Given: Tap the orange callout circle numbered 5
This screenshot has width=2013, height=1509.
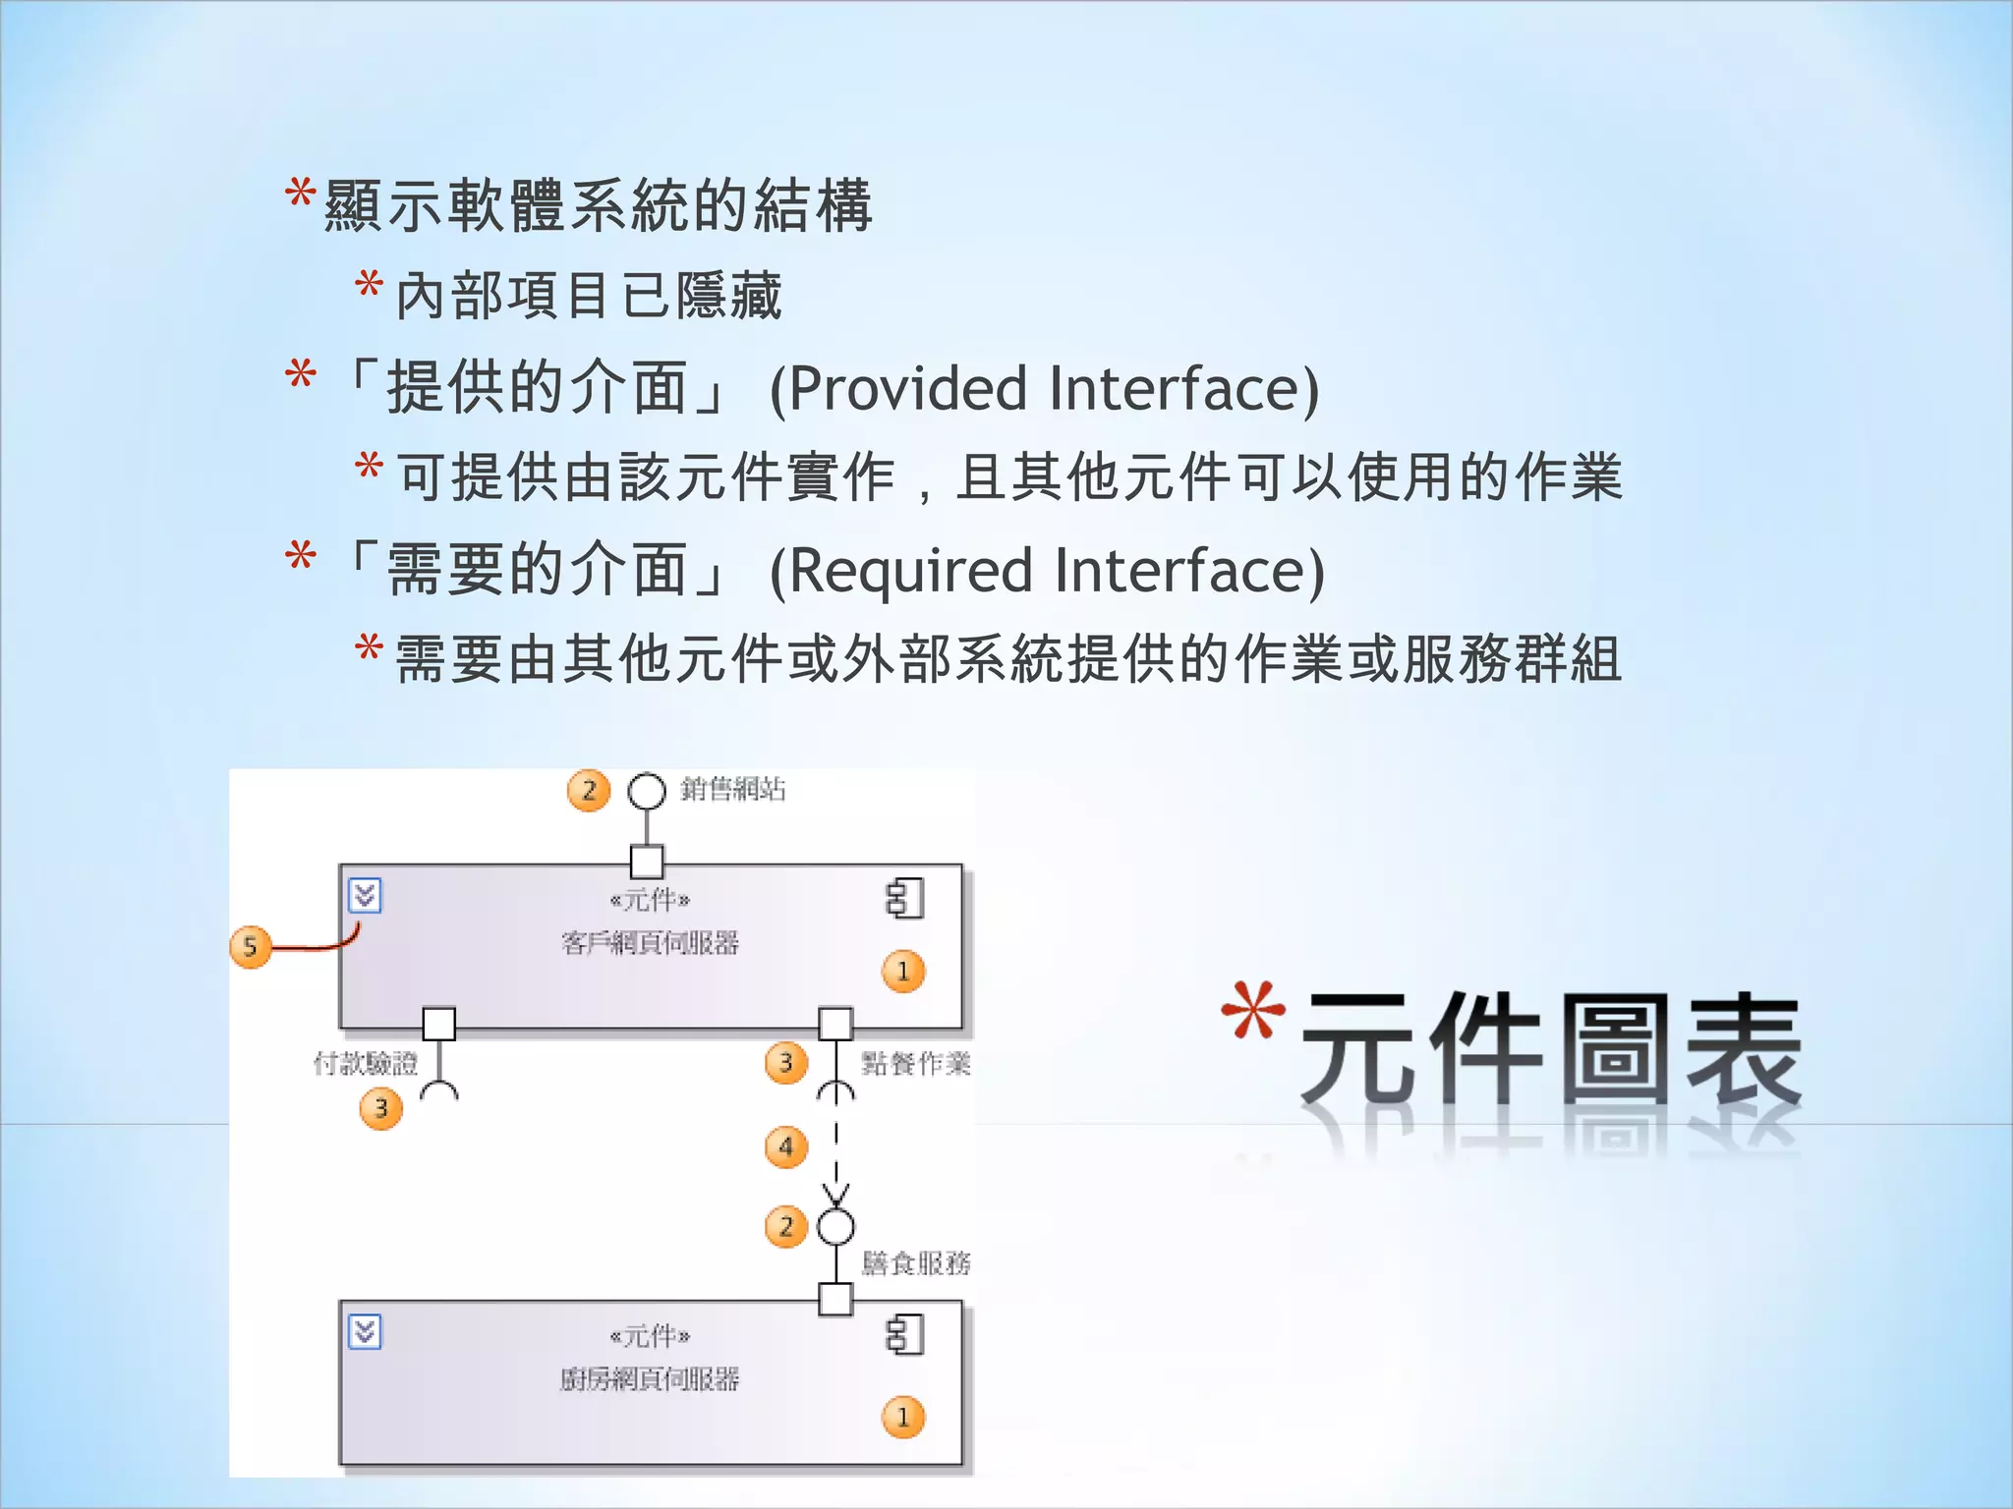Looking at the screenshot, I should (x=251, y=947).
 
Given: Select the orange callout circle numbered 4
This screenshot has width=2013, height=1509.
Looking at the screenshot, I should (x=785, y=1146).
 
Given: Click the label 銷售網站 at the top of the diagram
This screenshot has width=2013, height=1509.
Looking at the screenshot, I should (x=732, y=790).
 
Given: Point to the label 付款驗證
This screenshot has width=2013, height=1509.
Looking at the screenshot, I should (x=365, y=1063).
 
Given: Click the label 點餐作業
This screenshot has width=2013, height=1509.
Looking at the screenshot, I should (x=915, y=1063).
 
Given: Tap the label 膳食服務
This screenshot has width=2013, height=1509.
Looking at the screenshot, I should (x=915, y=1263).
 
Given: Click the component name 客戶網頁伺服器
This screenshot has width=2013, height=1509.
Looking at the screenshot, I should (x=650, y=944).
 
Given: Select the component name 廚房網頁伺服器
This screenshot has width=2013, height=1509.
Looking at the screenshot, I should (x=650, y=1380).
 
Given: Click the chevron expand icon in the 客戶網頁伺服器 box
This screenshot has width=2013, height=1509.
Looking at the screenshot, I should (x=365, y=896).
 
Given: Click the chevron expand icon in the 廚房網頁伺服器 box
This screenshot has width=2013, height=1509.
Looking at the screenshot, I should (x=365, y=1332).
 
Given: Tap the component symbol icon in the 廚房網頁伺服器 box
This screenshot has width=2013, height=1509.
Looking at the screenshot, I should (x=904, y=1336).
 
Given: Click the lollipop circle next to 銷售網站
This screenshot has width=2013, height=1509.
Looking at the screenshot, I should (x=647, y=792).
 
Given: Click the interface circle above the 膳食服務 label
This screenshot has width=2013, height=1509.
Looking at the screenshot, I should (x=835, y=1227).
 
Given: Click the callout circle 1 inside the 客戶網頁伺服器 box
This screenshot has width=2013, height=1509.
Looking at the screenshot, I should (x=903, y=972).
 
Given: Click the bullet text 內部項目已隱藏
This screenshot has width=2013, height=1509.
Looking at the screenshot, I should (x=588, y=296).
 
